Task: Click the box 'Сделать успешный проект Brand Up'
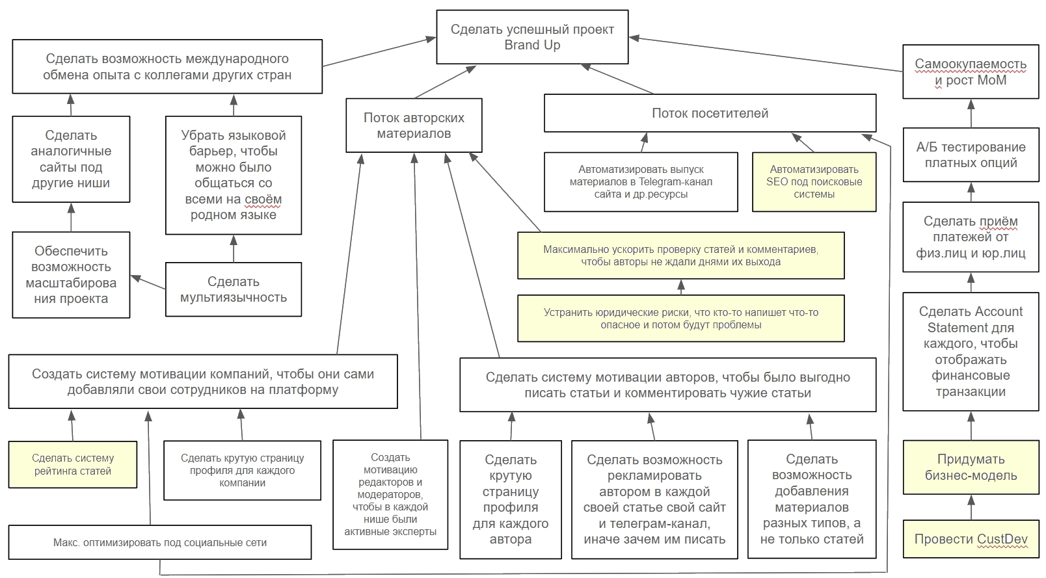(532, 37)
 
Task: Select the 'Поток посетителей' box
(710, 113)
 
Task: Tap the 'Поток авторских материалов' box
(414, 125)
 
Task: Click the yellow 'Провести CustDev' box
(971, 539)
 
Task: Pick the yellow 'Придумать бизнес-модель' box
(971, 467)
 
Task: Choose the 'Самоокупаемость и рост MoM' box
(971, 72)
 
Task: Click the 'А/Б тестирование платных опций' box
(971, 155)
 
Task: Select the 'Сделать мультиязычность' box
(234, 289)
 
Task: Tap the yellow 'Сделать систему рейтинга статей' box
(73, 465)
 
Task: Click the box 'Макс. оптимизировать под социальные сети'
(160, 542)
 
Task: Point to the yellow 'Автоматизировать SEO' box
(814, 181)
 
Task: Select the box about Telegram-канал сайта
(641, 181)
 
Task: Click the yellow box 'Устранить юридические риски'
(681, 319)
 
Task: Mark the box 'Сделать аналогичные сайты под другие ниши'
(71, 159)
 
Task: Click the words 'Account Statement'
(971, 319)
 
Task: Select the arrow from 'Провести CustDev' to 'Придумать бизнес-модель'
(971, 507)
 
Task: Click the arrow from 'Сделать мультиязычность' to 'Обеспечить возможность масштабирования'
(148, 282)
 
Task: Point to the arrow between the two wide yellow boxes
(681, 287)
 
